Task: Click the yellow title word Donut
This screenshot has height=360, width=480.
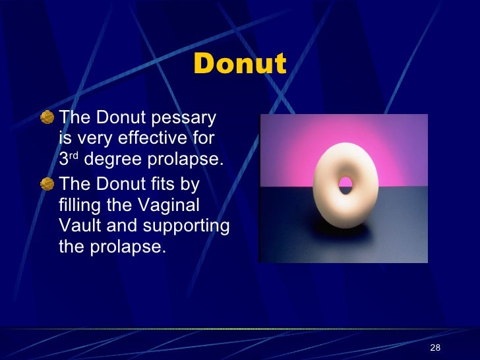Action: click(x=240, y=65)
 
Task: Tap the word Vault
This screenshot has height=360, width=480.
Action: click(x=76, y=225)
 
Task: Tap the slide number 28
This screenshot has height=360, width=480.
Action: click(x=435, y=347)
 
